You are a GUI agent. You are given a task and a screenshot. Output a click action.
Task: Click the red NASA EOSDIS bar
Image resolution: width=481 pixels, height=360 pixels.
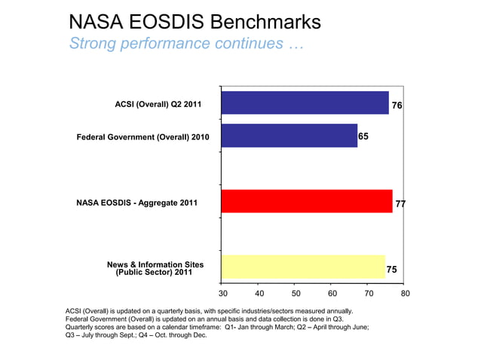307,201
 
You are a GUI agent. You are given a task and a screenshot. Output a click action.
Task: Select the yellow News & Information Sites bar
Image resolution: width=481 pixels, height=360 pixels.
303,267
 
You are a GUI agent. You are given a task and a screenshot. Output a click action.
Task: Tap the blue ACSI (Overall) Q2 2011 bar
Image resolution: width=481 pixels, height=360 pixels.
305,103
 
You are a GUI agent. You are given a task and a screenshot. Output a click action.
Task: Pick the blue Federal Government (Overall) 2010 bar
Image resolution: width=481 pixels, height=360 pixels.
289,136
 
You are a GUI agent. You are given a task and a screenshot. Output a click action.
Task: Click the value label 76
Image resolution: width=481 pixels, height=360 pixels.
397,106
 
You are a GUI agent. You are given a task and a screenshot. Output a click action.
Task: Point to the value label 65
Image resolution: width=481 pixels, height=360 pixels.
364,136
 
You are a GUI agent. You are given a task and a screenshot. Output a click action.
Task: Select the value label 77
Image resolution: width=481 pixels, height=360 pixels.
400,203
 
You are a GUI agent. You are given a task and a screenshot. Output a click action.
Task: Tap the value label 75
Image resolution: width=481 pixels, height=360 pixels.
392,269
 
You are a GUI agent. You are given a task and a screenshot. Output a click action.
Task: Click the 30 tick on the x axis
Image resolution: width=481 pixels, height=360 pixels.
222,294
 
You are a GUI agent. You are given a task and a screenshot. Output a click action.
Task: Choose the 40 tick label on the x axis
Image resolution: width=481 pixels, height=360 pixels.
259,294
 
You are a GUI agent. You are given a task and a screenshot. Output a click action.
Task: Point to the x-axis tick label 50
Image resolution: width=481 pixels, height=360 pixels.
296,294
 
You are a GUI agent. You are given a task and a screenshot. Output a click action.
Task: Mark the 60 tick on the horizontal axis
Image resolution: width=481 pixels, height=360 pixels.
332,294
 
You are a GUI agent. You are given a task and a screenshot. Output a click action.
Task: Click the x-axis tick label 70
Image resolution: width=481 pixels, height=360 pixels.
369,294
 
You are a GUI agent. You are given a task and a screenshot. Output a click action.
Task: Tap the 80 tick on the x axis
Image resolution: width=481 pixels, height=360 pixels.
406,294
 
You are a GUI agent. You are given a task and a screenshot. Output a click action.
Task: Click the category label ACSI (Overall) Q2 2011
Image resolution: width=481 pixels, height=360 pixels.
158,105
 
